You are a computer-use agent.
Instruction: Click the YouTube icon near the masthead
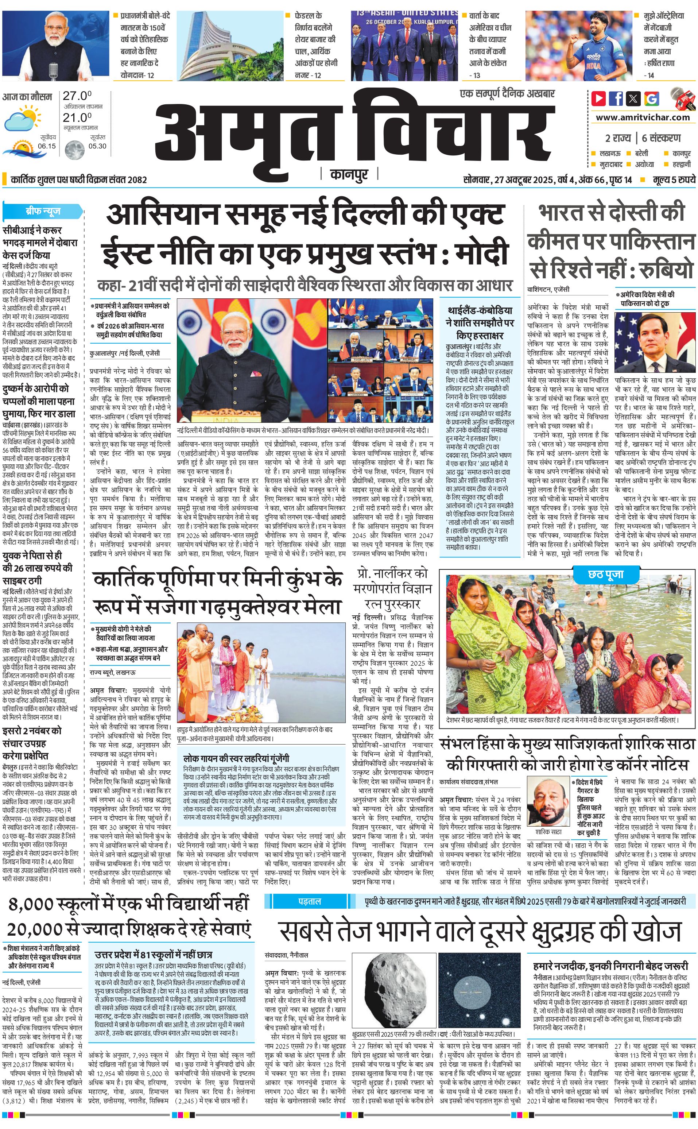(x=599, y=98)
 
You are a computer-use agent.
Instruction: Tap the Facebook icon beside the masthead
(x=616, y=98)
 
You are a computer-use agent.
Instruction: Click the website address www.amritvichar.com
(x=643, y=117)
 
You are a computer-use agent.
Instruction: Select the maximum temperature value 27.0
(x=77, y=96)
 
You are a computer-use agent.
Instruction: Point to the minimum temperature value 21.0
(x=77, y=118)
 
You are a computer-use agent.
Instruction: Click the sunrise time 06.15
(x=47, y=146)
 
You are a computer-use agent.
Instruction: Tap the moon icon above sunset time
(x=74, y=150)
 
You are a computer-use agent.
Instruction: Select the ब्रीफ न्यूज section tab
(x=42, y=211)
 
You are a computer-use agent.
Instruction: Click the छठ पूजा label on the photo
(x=605, y=575)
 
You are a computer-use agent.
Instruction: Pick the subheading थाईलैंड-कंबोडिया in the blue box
(x=480, y=310)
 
